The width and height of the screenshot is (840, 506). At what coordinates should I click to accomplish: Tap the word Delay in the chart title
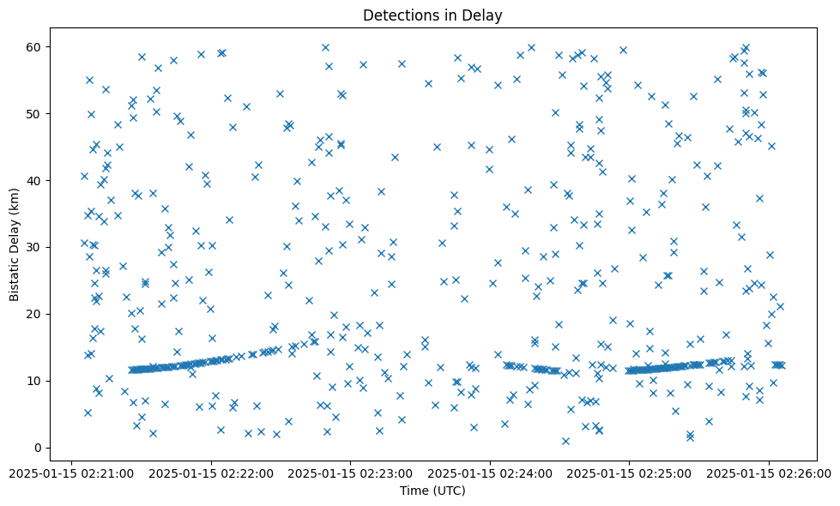point(484,15)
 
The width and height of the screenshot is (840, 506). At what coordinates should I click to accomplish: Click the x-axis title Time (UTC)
point(432,491)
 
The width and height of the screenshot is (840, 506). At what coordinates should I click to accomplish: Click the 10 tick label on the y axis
point(35,381)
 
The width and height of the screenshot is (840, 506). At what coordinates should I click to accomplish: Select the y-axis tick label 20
point(35,314)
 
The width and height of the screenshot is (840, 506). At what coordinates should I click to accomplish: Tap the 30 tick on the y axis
point(35,247)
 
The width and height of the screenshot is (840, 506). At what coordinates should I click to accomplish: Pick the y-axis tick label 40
point(35,180)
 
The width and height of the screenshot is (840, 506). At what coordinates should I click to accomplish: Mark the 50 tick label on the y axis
point(35,113)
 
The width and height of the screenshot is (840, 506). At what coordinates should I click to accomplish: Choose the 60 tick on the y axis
point(35,46)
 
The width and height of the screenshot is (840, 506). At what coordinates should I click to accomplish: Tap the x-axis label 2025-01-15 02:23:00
point(352,472)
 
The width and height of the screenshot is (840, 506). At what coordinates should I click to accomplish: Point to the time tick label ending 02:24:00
point(491,472)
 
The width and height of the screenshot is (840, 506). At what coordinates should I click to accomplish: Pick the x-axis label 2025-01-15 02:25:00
point(630,472)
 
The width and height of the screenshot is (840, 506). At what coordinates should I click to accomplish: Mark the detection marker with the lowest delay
point(565,441)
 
